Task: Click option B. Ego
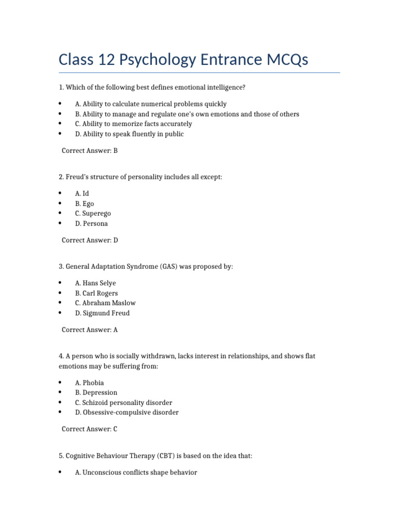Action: [x=84, y=204]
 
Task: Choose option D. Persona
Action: [x=91, y=223]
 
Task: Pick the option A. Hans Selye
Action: [x=95, y=283]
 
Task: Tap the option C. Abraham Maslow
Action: [x=105, y=303]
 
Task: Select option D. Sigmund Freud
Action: [x=102, y=313]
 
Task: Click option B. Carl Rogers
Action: [x=96, y=293]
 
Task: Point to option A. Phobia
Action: [x=89, y=383]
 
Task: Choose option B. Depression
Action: [x=96, y=393]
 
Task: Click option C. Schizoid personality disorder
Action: [x=123, y=402]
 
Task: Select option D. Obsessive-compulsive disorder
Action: [x=127, y=412]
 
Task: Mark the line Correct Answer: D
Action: [x=90, y=240]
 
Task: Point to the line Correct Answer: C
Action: [x=90, y=429]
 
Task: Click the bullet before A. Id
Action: [x=60, y=193]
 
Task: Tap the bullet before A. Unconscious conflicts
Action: [x=60, y=472]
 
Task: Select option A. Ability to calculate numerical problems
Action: [x=151, y=104]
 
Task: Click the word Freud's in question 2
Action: [x=77, y=177]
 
